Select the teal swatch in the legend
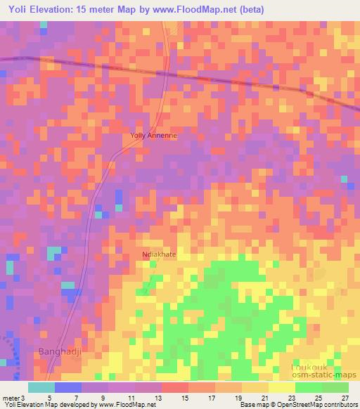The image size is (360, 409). coord(41,387)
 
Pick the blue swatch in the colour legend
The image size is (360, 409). coord(68,387)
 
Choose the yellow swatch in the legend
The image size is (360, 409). coord(282,387)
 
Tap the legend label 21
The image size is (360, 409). coord(255,397)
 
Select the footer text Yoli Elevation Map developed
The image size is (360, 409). coord(42,405)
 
